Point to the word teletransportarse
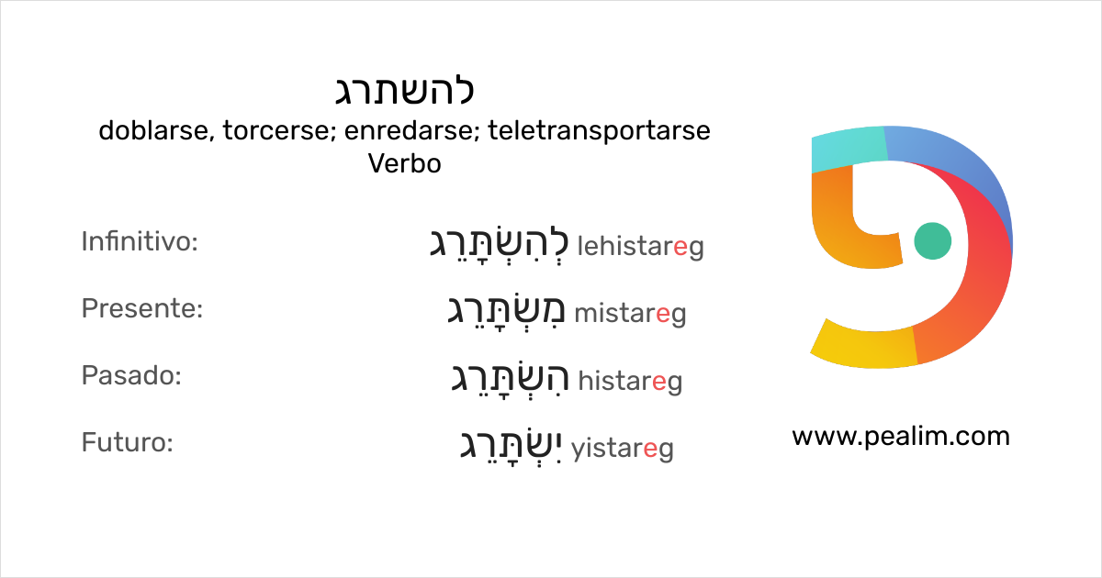[x=599, y=131]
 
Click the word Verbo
[x=404, y=164]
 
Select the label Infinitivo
[x=140, y=242]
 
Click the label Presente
[x=141, y=309]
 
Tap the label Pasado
[x=131, y=376]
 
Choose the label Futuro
[x=128, y=443]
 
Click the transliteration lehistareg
[x=640, y=246]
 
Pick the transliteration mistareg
[x=630, y=314]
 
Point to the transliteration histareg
[x=630, y=381]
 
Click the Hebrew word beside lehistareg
[x=500, y=244]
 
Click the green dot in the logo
[x=933, y=240]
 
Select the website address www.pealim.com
[x=900, y=436]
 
